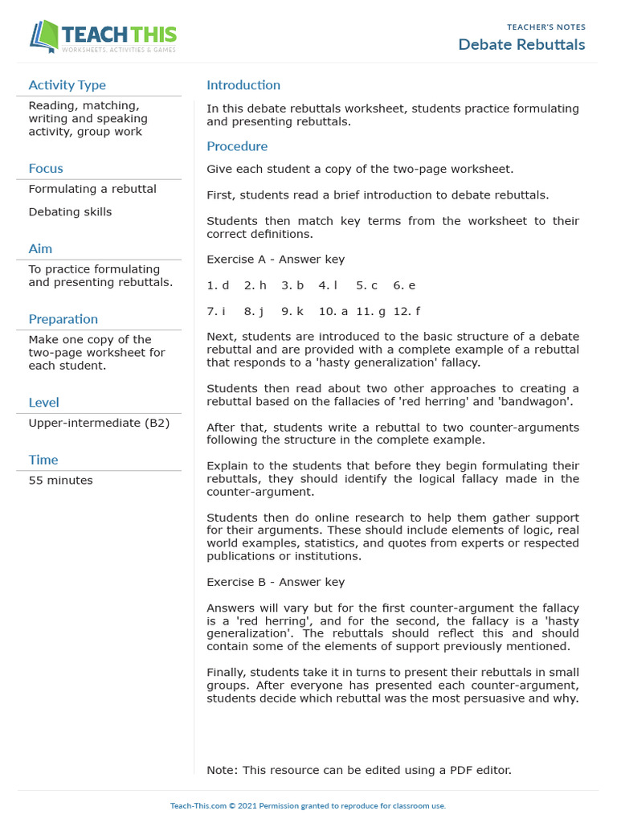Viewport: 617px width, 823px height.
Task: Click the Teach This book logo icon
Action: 44,36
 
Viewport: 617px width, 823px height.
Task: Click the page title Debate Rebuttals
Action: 521,44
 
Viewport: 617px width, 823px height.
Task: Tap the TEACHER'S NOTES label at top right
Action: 545,27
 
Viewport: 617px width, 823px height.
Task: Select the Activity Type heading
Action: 67,85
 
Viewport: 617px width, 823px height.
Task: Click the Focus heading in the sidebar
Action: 46,168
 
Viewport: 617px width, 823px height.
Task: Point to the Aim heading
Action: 40,248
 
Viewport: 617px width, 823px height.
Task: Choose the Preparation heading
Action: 63,319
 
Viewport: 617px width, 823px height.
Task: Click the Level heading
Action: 43,402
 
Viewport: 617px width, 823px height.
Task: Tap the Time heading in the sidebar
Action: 43,460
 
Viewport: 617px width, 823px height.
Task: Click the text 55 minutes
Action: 60,481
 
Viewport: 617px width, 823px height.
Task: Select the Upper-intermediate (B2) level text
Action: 99,423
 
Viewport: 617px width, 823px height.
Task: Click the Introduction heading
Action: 243,85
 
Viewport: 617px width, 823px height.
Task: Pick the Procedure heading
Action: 237,146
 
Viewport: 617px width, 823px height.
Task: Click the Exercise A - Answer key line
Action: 276,260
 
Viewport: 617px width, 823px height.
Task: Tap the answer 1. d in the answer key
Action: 218,285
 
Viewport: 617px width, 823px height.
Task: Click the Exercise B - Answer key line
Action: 276,582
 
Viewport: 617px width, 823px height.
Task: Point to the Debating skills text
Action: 70,212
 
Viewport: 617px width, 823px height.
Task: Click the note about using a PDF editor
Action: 358,770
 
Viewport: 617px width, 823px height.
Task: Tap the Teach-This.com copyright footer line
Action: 308,805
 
